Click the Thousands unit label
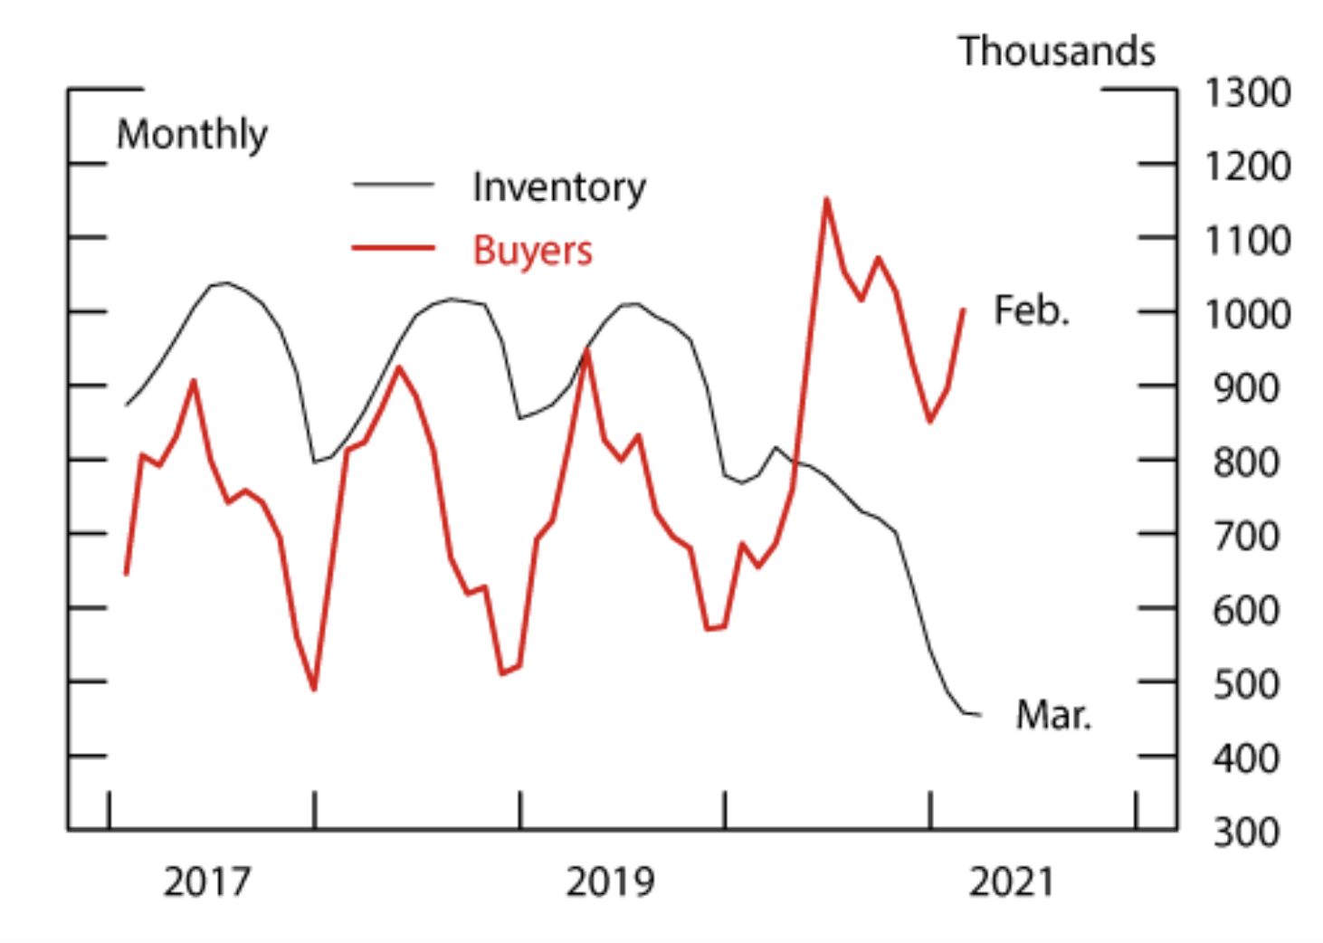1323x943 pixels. pos(1057,52)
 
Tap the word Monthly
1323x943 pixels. pos(192,135)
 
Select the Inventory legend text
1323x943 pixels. pos(558,187)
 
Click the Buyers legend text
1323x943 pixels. pos(532,250)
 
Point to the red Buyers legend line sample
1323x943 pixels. pos(393,247)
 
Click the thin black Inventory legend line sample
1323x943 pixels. pos(393,185)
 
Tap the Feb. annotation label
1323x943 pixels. pos(1031,310)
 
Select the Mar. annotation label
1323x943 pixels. pos(1052,715)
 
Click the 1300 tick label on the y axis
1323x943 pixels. pos(1246,93)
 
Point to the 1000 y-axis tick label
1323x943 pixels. pos(1246,315)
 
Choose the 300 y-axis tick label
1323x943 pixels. pos(1246,833)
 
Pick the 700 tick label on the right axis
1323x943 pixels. pos(1246,537)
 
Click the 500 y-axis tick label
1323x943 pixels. pos(1246,685)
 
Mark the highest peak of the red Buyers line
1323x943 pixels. pos(826,199)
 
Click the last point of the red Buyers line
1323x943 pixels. pos(964,310)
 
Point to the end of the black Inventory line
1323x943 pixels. pos(980,715)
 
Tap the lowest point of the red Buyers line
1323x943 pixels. pos(314,690)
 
